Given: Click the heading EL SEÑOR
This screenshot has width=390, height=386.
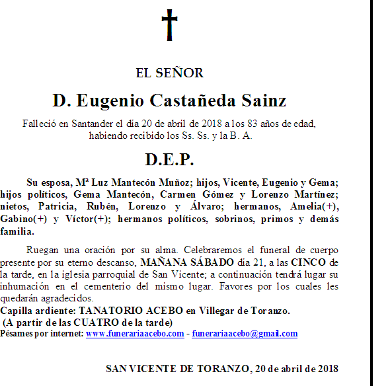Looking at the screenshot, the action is pos(169,73).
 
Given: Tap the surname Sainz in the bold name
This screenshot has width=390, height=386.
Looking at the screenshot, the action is pos(264,101).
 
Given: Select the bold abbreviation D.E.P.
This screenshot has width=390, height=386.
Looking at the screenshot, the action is pos(169,160).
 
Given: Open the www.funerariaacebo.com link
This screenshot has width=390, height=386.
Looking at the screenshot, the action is pos(135,334).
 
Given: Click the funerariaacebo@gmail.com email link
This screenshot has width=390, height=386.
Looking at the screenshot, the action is pos(245,334).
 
